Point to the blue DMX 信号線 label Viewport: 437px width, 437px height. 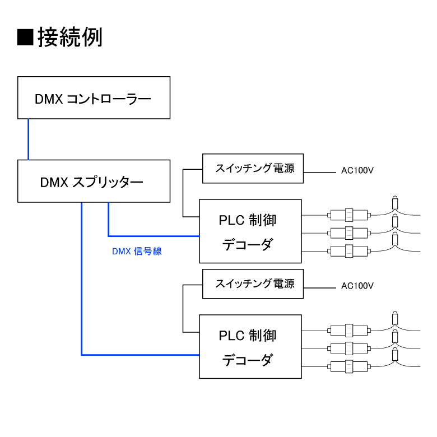(137, 251)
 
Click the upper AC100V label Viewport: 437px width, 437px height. (357, 170)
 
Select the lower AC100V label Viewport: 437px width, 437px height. (357, 286)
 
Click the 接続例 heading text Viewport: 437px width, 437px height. (70, 37)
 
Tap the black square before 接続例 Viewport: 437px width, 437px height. (25, 37)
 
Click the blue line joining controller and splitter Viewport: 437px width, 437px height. (28, 140)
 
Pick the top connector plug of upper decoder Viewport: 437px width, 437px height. (349, 215)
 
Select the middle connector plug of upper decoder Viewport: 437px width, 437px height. (349, 233)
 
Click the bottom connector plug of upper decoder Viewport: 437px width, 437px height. (349, 251)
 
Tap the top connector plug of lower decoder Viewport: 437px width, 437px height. (349, 331)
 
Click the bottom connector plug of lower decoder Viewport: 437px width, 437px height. (349, 366)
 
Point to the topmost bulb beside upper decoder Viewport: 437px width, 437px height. (395, 203)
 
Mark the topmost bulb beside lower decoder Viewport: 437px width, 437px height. (395, 318)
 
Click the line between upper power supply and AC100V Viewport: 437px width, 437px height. (320, 173)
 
